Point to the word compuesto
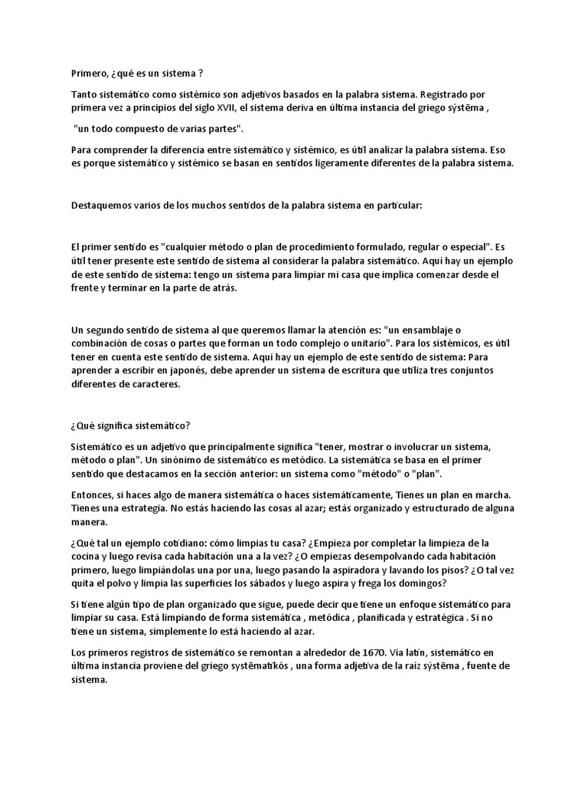tap(132, 128)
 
